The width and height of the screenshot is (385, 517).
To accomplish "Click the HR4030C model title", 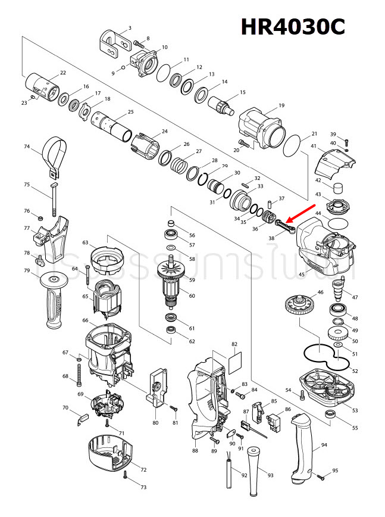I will (292, 27).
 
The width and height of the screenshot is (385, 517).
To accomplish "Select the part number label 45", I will (301, 274).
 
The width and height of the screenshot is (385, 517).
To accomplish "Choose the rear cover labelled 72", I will (110, 453).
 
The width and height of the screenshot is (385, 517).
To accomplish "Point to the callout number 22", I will (63, 73).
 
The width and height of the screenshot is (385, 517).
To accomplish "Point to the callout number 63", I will (85, 242).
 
